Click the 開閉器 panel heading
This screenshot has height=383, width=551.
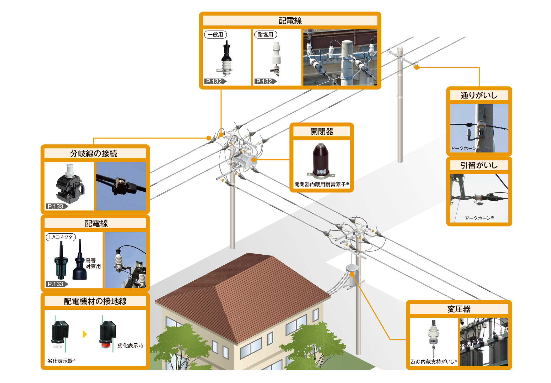tap(322, 131)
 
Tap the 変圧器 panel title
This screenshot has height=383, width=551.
tap(458, 309)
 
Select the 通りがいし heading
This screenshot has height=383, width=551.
tap(479, 95)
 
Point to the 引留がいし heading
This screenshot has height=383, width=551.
tap(479, 165)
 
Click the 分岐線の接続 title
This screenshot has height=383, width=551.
tap(94, 153)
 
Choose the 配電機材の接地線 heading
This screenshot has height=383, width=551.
tap(95, 301)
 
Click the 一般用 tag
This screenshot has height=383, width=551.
tap(215, 34)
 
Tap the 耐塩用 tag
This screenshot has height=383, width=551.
tap(265, 34)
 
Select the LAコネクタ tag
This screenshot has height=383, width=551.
tap(61, 237)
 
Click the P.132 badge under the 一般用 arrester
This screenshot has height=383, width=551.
tap(214, 81)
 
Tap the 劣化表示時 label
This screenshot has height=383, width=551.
tap(130, 345)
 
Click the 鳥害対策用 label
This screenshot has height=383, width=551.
tap(93, 263)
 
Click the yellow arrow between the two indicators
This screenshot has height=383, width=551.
tap(85, 334)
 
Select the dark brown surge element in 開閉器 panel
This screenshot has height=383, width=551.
tap(320, 160)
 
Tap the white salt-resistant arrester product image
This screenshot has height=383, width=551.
tap(276, 58)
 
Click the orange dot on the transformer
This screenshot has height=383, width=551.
tap(352, 274)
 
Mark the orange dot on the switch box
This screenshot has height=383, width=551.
tap(253, 159)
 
